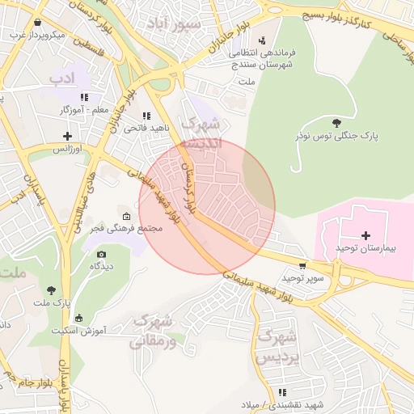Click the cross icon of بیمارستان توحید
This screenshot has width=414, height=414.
click(366, 234)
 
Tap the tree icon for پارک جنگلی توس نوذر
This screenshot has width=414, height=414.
click(336, 122)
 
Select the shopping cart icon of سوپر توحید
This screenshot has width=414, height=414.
click(302, 265)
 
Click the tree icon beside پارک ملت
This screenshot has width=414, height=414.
click(52, 290)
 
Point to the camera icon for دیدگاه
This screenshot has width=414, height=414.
click(100, 254)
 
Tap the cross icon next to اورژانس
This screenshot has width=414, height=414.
click(66, 137)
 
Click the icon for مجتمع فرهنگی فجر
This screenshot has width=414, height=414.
click(126, 217)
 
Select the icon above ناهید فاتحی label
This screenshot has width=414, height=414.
click(146, 116)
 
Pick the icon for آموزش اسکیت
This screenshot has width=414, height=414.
click(78, 318)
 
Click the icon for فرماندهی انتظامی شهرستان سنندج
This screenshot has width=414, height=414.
click(261, 40)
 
